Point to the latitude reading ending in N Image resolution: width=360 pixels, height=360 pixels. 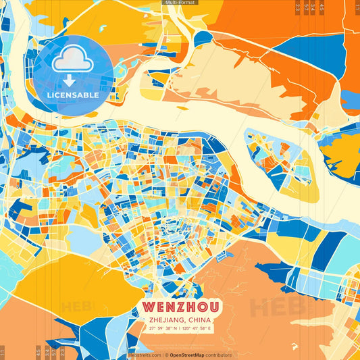coord(161,328)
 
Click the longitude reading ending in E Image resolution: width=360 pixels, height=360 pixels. coord(197,328)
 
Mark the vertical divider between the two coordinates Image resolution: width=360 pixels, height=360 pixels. coord(178,328)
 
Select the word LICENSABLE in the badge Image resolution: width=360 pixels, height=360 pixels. coord(73,95)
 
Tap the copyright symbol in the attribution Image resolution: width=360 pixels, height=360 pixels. coord(166,355)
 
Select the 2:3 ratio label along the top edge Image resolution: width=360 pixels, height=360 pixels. coord(298,7)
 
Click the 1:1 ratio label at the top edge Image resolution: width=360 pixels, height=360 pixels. coord(356,7)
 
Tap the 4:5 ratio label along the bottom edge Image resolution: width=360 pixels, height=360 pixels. coord(37,352)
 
